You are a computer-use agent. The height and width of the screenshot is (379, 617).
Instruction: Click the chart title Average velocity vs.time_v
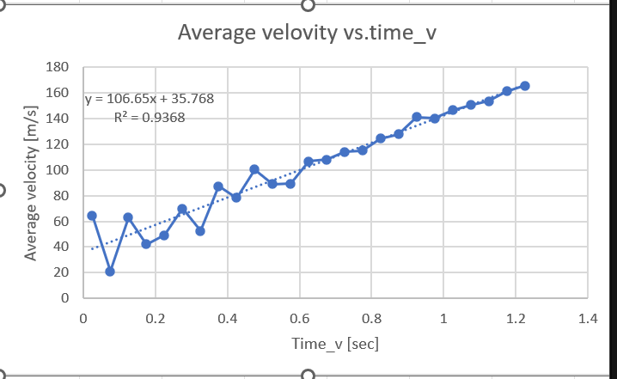[312, 33]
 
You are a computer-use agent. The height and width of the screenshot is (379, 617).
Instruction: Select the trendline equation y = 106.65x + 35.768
[150, 99]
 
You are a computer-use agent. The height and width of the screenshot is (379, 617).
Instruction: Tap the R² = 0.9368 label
[149, 117]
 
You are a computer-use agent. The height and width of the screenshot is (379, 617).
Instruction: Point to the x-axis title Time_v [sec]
[334, 344]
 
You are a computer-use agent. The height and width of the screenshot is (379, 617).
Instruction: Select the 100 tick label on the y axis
[58, 170]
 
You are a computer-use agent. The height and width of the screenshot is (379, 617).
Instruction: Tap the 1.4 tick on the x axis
[587, 319]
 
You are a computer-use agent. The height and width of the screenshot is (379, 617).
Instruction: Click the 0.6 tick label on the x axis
[299, 319]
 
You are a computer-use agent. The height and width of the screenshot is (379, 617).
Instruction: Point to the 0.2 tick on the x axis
[155, 319]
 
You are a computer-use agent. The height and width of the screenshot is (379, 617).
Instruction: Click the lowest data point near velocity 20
[110, 272]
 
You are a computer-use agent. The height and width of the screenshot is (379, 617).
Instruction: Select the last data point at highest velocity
[525, 86]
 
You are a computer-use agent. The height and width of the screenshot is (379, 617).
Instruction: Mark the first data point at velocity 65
[92, 216]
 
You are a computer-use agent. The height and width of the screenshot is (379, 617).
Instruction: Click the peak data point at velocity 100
[254, 169]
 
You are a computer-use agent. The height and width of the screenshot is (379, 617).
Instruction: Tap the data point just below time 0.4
[218, 186]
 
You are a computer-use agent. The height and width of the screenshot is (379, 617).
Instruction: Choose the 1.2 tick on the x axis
[515, 319]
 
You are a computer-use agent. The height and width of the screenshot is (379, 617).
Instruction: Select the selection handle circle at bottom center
[308, 375]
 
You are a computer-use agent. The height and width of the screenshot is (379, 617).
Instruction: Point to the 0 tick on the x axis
[83, 319]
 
